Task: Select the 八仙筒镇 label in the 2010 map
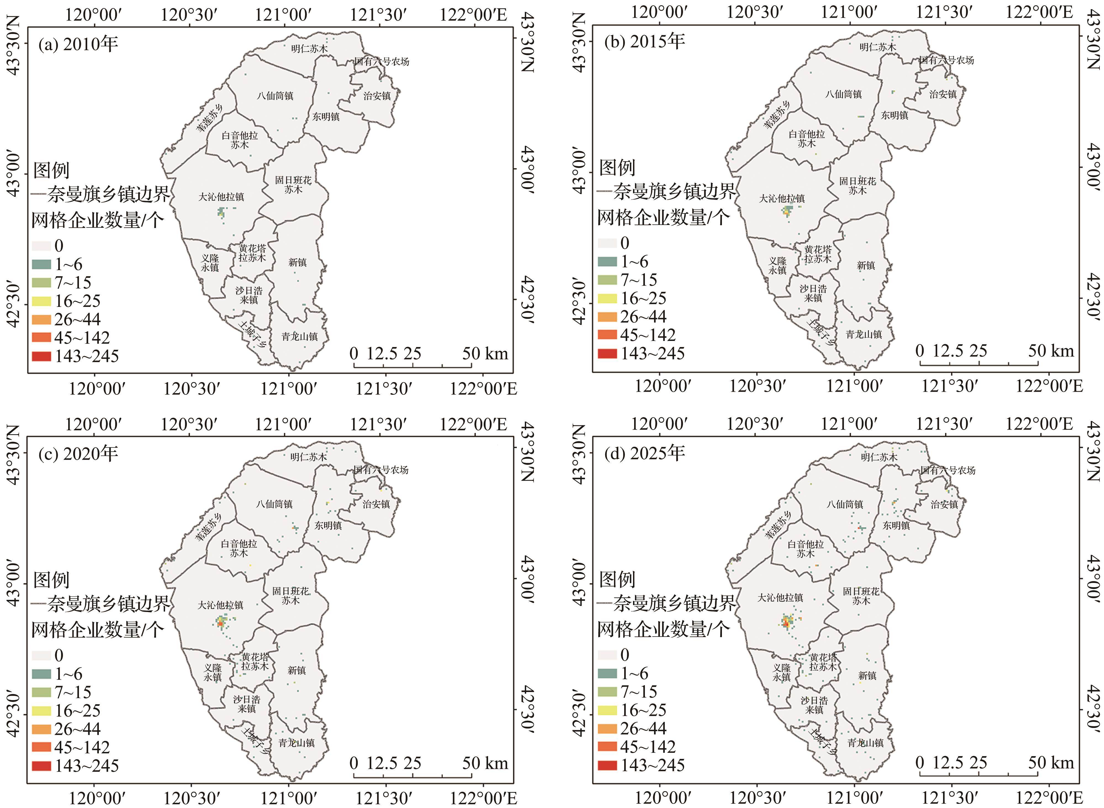click(275, 96)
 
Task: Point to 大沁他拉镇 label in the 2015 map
click(782, 198)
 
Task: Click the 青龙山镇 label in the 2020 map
click(296, 743)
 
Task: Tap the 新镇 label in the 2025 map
click(867, 675)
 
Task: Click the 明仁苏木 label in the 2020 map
click(308, 457)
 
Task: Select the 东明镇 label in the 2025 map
click(896, 525)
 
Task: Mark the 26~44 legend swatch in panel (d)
click(607, 728)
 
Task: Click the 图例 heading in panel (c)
click(51, 580)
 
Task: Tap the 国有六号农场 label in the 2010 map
click(382, 62)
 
